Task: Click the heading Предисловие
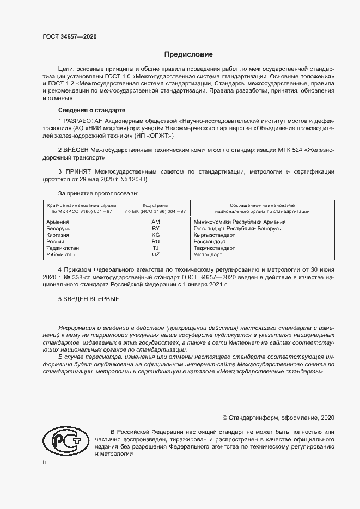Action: click(x=188, y=54)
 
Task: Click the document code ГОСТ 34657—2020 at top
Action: click(x=70, y=36)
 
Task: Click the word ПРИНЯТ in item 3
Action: click(x=78, y=171)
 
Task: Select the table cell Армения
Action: click(x=58, y=222)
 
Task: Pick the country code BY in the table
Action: click(x=156, y=229)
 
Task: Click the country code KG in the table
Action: click(x=156, y=235)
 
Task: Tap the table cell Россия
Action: click(x=56, y=242)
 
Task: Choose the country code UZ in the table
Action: click(x=156, y=254)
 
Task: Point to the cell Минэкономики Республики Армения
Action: click(x=240, y=222)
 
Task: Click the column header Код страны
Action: click(x=156, y=205)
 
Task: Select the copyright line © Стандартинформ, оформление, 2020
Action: click(x=278, y=418)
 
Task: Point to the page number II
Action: click(x=45, y=463)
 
